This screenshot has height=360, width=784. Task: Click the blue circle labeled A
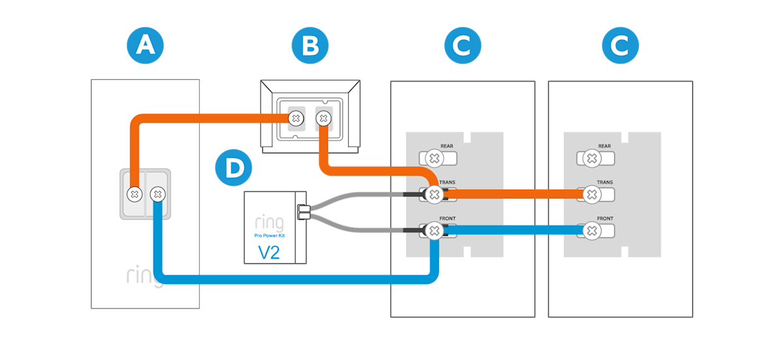tap(144, 45)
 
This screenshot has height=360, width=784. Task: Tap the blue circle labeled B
tap(310, 45)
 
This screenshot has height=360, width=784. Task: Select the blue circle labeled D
tap(233, 168)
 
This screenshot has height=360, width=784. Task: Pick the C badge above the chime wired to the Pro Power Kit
tap(463, 45)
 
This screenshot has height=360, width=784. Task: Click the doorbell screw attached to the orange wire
tap(134, 193)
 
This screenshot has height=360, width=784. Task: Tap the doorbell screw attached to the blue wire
tap(157, 193)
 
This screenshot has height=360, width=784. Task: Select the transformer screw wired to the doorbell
tap(296, 118)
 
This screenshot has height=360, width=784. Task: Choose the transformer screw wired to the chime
tap(322, 118)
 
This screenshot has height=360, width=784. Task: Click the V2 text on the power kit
tap(269, 252)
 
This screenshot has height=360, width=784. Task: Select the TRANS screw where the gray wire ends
tap(433, 194)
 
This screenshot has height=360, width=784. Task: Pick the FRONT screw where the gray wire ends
tap(433, 230)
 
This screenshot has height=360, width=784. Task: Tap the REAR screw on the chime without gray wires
tap(591, 158)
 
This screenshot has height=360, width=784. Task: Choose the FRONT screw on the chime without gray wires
tap(591, 230)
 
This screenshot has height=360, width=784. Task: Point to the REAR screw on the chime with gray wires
tap(433, 158)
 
